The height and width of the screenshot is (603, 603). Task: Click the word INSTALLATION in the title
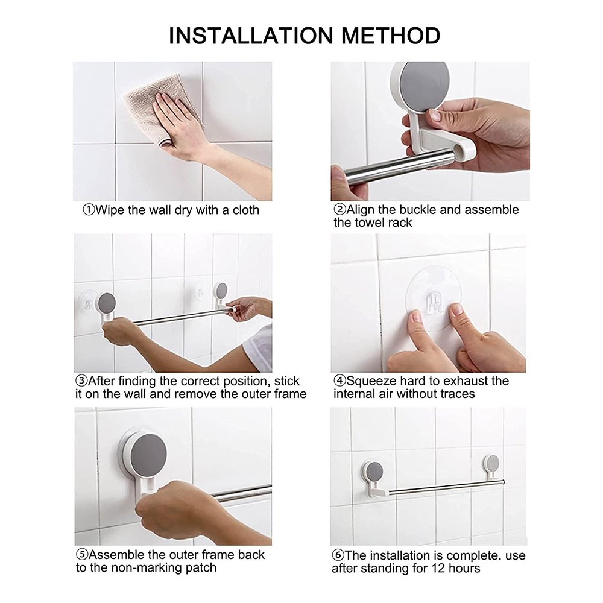pos(250,36)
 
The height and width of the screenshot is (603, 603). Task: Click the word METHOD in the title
pos(390,36)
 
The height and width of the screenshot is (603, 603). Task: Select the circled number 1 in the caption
pos(89,210)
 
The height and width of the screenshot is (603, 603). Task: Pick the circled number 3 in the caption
pos(81,381)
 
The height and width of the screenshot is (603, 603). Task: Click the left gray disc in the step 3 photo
pos(107,303)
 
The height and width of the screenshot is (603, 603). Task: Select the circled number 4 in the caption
pos(339,381)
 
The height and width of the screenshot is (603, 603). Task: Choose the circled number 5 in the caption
pos(82,555)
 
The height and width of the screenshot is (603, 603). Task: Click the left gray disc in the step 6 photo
pos(374,472)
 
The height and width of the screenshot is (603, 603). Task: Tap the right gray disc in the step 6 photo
pos(492,463)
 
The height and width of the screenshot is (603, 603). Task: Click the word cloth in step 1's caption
pos(246,210)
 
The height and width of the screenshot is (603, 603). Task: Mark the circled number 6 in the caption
pos(338,555)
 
